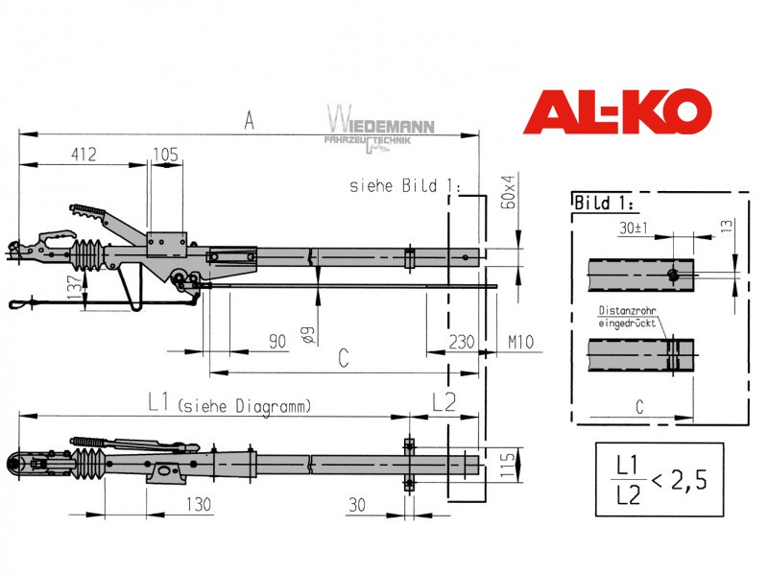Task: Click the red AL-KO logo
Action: (x=617, y=111)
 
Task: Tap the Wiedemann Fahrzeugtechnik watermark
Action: (x=380, y=129)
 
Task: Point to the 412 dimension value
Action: (x=84, y=155)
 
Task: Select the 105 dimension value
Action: (x=165, y=155)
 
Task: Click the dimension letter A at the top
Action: (x=249, y=120)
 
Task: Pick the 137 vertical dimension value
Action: (x=76, y=288)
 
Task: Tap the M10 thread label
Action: (x=520, y=342)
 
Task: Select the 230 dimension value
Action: (x=462, y=342)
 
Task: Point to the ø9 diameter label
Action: (x=307, y=334)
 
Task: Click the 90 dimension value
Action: (x=277, y=342)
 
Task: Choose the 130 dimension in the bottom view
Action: (x=199, y=504)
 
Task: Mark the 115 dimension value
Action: (x=508, y=465)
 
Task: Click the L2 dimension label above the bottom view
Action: (x=444, y=402)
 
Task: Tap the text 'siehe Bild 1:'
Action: (x=405, y=185)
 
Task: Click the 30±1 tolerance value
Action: (x=634, y=228)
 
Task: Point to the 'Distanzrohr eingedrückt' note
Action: (x=627, y=317)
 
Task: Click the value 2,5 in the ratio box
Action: (x=689, y=480)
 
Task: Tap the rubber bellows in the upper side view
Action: (x=86, y=255)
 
